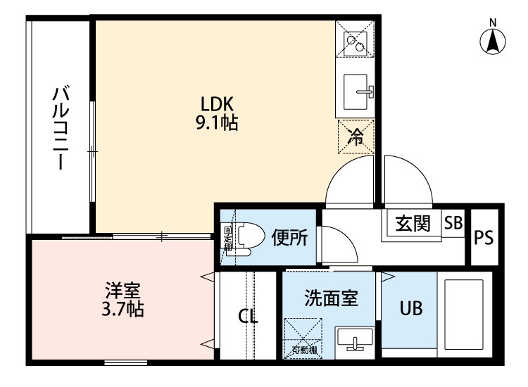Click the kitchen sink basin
[358, 89]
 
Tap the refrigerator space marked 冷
[356, 135]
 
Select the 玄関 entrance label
[412, 224]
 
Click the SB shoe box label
[453, 223]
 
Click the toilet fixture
[244, 237]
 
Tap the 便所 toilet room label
[289, 239]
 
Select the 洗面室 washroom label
[331, 298]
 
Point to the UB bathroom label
[411, 310]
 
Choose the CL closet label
[248, 316]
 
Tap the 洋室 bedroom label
[124, 290]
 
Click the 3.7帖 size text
[124, 309]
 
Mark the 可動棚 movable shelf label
[303, 350]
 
